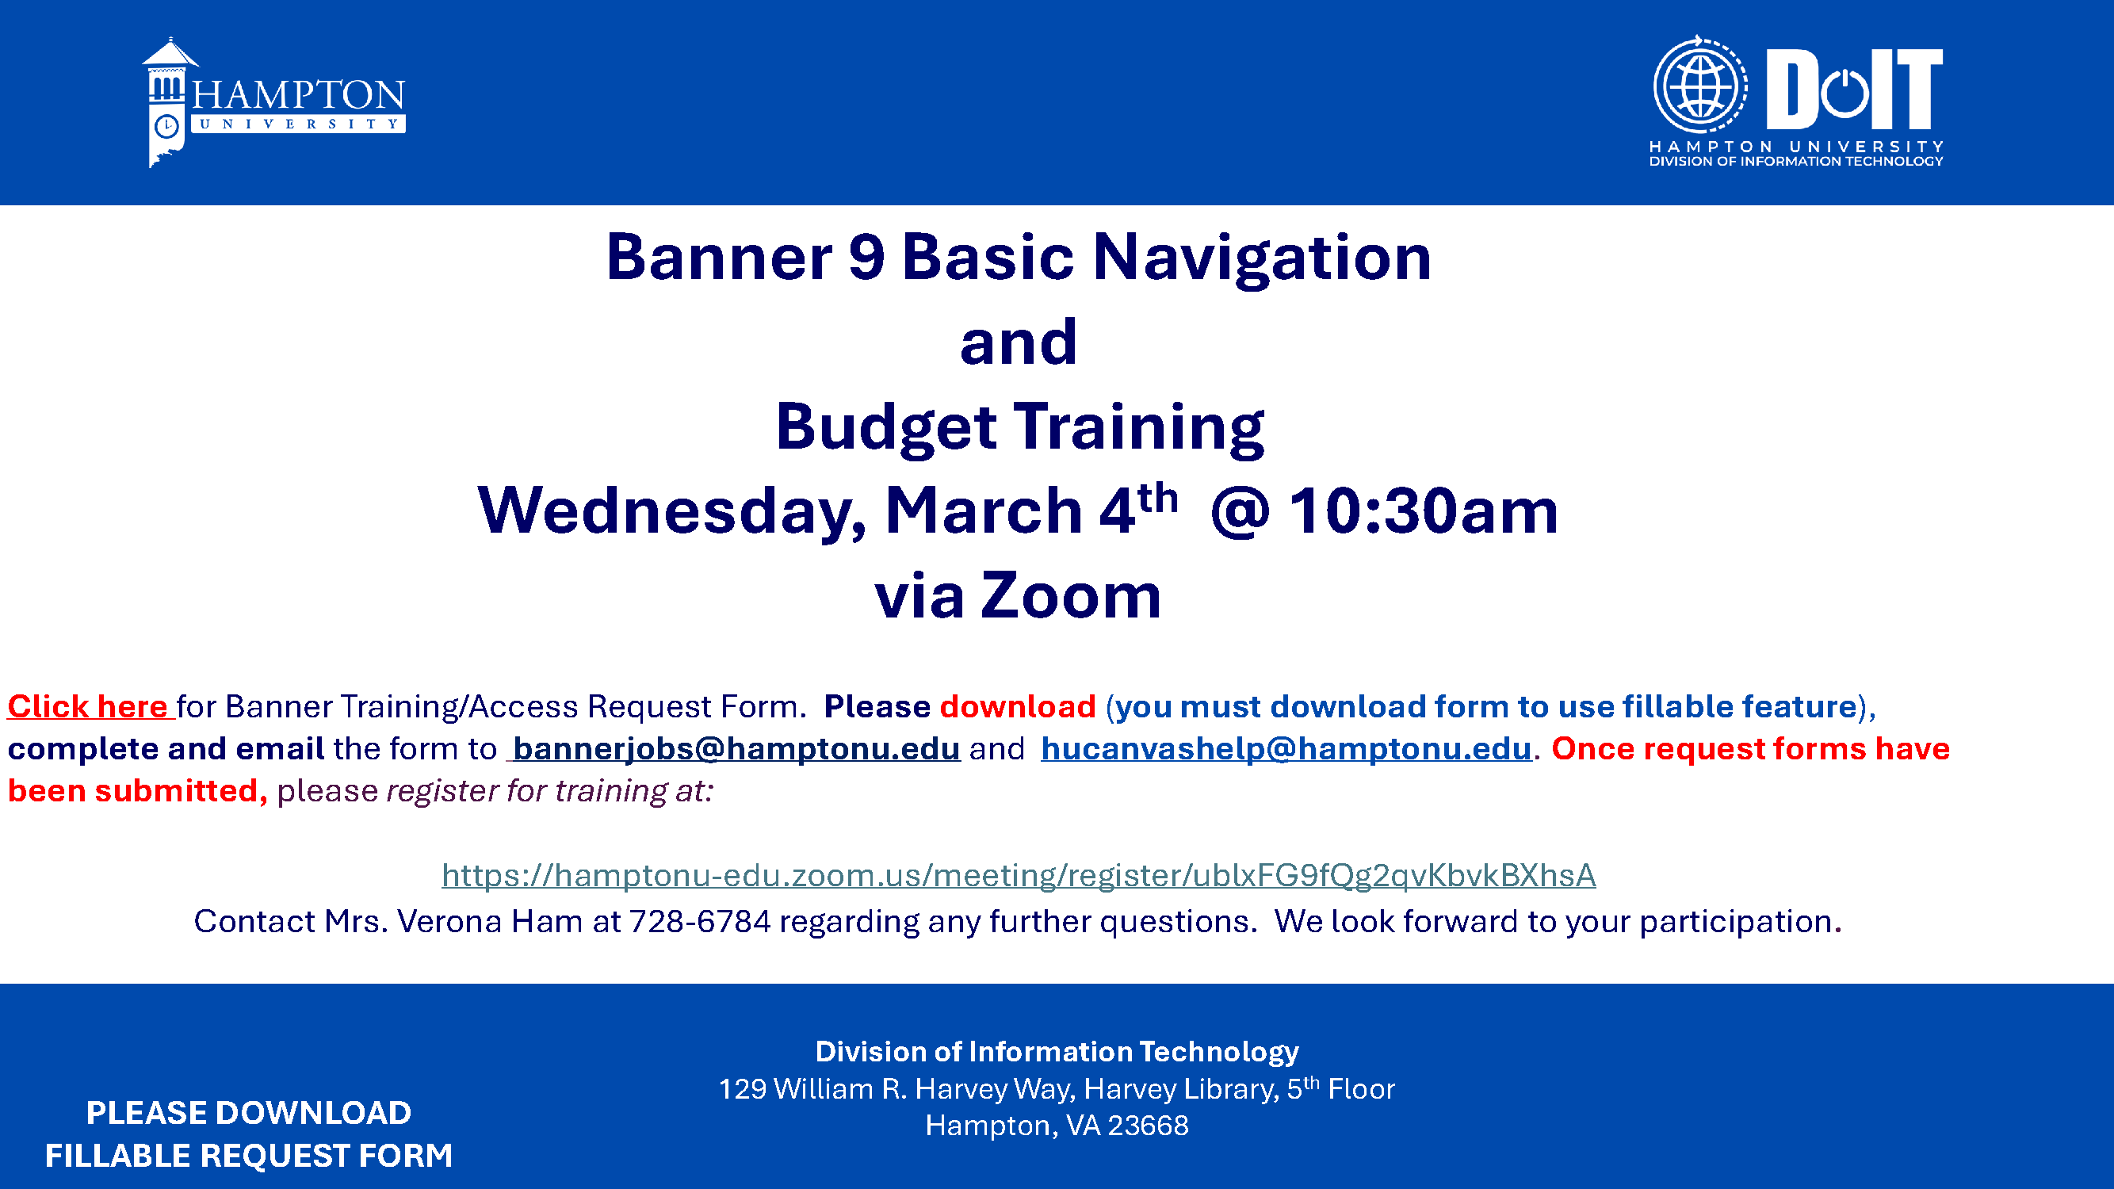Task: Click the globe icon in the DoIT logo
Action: (x=1699, y=85)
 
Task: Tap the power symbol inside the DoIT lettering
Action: (x=1844, y=93)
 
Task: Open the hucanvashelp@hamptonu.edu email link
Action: (x=1286, y=748)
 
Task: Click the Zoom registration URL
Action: (x=1019, y=876)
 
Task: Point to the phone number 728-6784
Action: (x=700, y=922)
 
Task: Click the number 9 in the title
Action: (x=866, y=257)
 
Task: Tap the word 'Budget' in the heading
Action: (x=886, y=428)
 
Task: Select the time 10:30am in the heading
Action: (x=1424, y=510)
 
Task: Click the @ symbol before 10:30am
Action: (x=1239, y=512)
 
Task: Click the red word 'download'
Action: (x=1018, y=706)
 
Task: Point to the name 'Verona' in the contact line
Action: (x=449, y=922)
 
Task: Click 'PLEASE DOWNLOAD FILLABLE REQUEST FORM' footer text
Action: (x=249, y=1134)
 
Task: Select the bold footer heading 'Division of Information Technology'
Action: (x=1057, y=1051)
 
